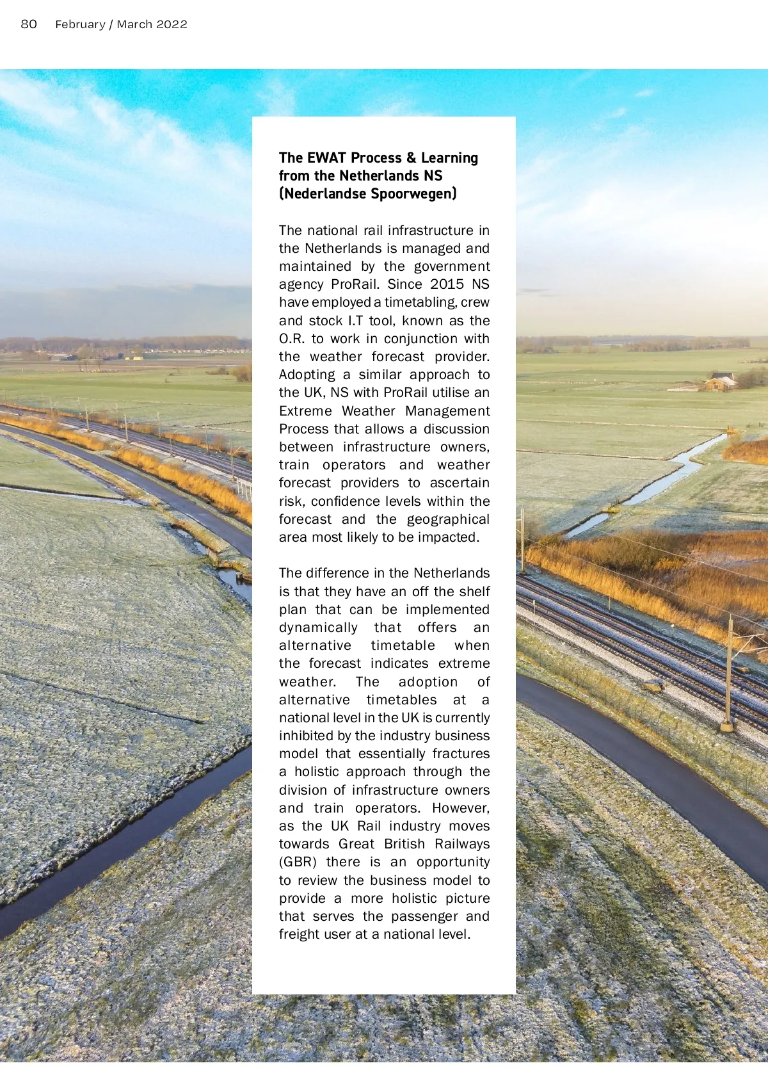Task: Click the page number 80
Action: tap(29, 24)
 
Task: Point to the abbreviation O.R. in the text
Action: tap(292, 339)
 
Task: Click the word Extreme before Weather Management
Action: tap(305, 411)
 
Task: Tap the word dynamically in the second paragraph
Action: tap(318, 628)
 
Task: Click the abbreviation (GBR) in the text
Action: tap(298, 862)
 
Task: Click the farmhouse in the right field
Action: tap(721, 382)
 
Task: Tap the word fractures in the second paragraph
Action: tap(461, 754)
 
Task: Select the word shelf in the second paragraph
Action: tap(474, 592)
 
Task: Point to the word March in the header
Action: tap(134, 24)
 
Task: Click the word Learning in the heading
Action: tap(449, 158)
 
